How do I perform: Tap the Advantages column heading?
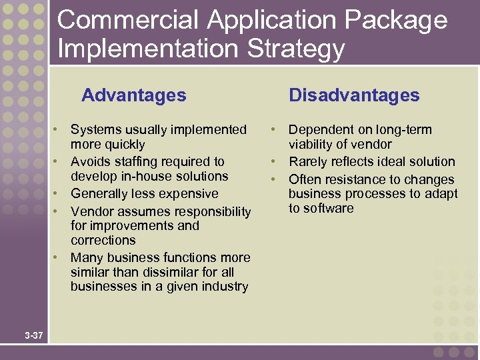pos(133,95)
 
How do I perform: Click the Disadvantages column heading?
pos(354,95)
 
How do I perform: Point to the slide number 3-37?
pos(34,335)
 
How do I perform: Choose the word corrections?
pos(103,240)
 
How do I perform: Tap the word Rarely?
pos(309,161)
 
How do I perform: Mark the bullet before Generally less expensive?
pos(58,194)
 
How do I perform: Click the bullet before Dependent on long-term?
pos(274,129)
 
